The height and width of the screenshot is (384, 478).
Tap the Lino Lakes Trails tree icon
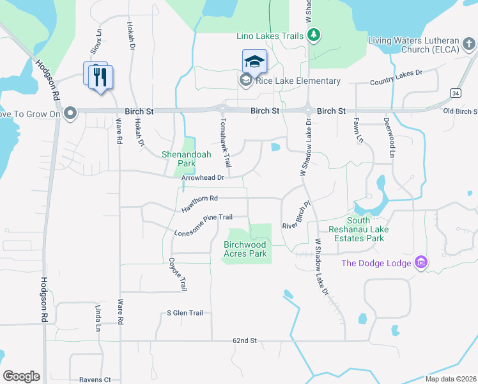(314, 36)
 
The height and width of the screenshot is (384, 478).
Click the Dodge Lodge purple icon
(420, 262)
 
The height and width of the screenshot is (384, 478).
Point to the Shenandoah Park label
(186, 159)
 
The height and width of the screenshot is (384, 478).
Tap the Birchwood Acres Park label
(245, 249)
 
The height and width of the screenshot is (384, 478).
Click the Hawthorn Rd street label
(200, 204)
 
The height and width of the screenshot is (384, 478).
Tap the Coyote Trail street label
(178, 275)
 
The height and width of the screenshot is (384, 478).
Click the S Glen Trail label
(185, 313)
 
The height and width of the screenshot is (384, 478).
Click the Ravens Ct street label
(95, 380)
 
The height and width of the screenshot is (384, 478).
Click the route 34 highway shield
(454, 93)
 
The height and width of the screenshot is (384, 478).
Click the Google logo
(21, 376)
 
